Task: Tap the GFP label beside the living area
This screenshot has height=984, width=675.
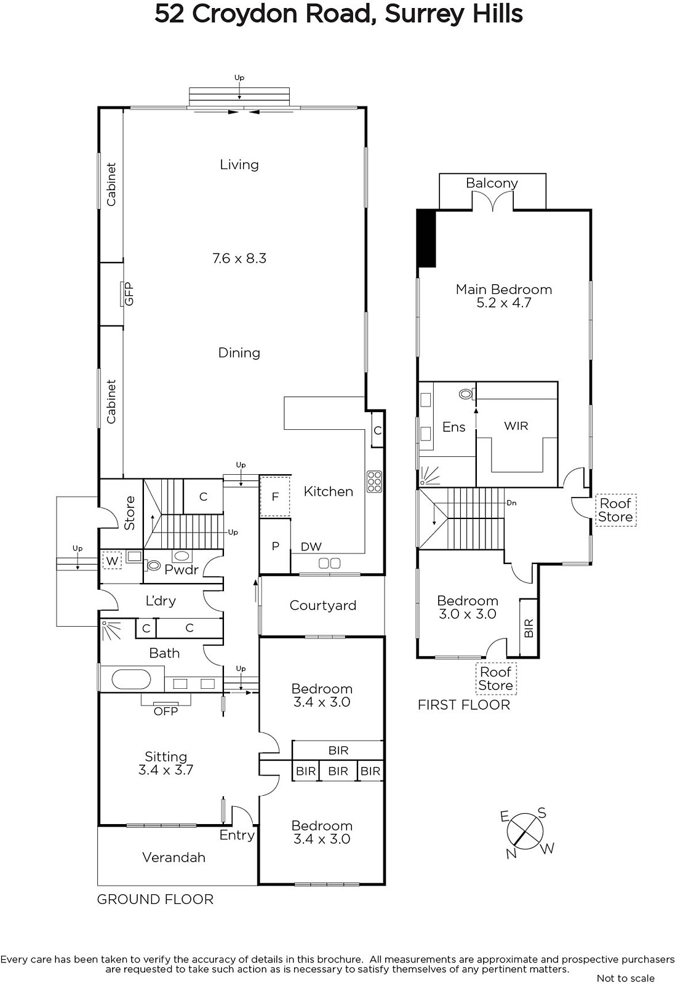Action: pyautogui.click(x=129, y=294)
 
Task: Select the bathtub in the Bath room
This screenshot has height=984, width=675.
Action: pyautogui.click(x=132, y=680)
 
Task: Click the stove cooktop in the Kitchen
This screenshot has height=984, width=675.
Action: pyautogui.click(x=374, y=482)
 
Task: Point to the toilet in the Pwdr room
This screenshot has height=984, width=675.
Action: pyautogui.click(x=153, y=565)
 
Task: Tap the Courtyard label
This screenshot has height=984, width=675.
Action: pyautogui.click(x=323, y=605)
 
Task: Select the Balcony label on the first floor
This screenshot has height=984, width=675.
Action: pyautogui.click(x=492, y=183)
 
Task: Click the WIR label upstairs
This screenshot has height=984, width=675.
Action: pyautogui.click(x=516, y=426)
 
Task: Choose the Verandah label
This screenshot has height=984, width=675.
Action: pyautogui.click(x=174, y=857)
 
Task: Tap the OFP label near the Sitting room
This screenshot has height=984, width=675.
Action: pyautogui.click(x=166, y=711)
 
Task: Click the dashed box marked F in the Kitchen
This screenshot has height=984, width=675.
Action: pyautogui.click(x=275, y=496)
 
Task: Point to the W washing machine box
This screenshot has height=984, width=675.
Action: pyautogui.click(x=112, y=560)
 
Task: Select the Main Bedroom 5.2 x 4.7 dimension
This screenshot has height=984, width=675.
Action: pyautogui.click(x=504, y=303)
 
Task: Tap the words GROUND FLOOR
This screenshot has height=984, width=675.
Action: pyautogui.click(x=155, y=899)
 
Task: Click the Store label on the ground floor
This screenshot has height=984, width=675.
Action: pyautogui.click(x=130, y=513)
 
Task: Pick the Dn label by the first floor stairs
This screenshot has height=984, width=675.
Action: pyautogui.click(x=511, y=503)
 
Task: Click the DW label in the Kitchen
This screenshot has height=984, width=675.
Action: pyautogui.click(x=311, y=547)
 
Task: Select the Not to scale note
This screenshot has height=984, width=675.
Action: pyautogui.click(x=625, y=978)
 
